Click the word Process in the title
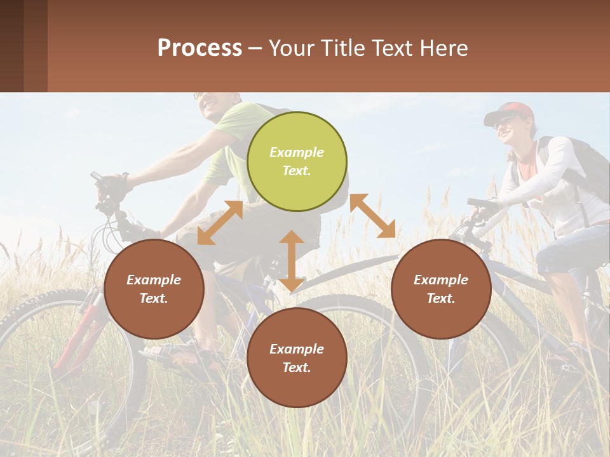(x=200, y=48)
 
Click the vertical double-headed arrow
(x=291, y=261)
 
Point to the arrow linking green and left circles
(x=220, y=223)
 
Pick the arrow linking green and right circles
(x=372, y=216)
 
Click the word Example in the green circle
(x=297, y=152)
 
